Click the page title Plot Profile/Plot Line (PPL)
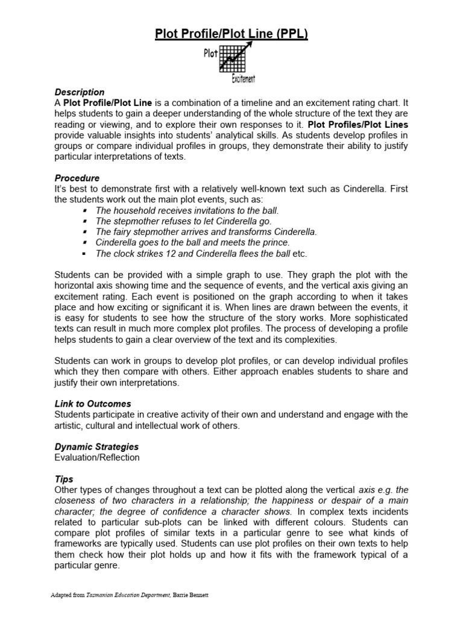231,34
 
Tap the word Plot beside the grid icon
210,54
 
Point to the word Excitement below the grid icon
244,79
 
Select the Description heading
79,92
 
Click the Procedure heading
77,178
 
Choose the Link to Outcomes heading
93,404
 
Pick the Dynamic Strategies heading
96,447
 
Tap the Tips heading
64,479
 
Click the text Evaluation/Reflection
97,457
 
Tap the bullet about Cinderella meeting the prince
188,243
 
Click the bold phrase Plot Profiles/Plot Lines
358,125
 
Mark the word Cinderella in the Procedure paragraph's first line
365,189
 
